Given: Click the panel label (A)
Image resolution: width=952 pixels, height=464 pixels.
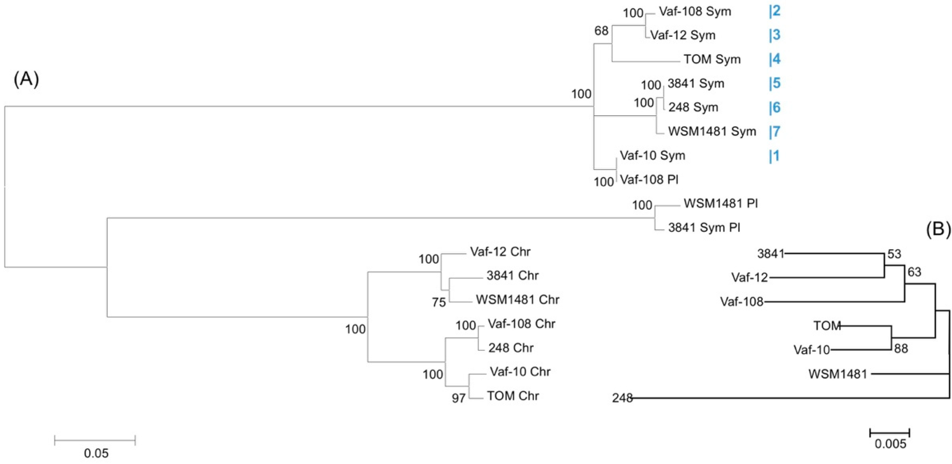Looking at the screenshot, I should coord(26,79).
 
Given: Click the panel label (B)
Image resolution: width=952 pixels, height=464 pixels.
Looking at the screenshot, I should coord(938,230).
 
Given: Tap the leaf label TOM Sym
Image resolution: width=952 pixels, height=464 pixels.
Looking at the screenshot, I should coord(712,59).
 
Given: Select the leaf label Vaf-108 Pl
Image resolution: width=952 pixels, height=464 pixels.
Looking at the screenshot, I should coord(649,180).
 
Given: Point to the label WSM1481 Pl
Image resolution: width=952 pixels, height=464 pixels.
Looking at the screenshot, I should coord(720,204).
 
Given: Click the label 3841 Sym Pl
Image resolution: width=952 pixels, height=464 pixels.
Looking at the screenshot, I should coord(704,227).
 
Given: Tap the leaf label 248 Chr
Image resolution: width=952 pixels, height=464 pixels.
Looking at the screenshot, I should coord(511,348).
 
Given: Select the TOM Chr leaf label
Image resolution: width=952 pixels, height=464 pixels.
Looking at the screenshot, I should coord(513,396).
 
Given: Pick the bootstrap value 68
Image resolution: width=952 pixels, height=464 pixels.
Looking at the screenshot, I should coord(601,31).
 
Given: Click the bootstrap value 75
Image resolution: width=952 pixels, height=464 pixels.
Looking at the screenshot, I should coord(439,302).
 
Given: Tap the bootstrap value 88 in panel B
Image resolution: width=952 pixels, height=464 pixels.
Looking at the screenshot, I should coord(901,349).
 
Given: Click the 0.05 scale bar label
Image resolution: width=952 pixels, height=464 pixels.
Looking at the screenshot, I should coord(96,453).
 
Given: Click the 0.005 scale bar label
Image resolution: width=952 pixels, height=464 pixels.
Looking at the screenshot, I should coord(890,444).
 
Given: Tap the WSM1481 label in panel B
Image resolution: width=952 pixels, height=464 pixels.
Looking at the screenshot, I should coord(837,374).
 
